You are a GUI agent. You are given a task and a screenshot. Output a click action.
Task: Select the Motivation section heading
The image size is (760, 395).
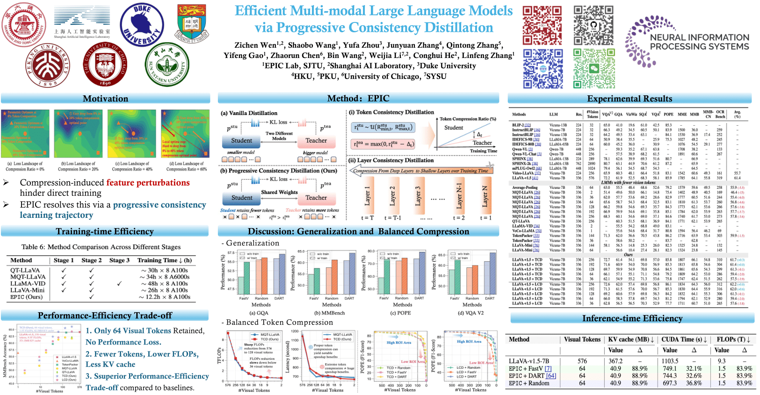coord(105,99)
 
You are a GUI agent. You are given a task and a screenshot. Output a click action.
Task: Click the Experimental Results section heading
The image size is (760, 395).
coord(630,99)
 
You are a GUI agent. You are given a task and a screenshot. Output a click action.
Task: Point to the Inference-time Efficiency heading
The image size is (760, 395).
coord(632,318)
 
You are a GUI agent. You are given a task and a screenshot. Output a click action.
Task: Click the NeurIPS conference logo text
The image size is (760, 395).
coord(699,42)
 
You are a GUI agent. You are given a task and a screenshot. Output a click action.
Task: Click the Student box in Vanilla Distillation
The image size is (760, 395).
coord(241,141)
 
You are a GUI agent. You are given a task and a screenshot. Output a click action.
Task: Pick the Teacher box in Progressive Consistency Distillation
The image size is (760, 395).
coord(316,198)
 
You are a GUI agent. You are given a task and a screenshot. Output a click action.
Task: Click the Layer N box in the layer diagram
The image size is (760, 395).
coord(485,196)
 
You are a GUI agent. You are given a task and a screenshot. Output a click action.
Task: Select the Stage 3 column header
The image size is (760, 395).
coord(119,260)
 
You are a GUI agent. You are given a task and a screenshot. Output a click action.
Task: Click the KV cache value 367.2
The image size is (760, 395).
coord(615,361)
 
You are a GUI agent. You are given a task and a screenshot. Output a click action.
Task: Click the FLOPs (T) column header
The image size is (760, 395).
coord(733,339)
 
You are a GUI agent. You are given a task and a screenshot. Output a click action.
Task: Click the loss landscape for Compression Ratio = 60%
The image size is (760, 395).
coord(185,134)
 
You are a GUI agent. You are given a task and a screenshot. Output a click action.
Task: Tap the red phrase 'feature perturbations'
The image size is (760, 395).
coord(148,183)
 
